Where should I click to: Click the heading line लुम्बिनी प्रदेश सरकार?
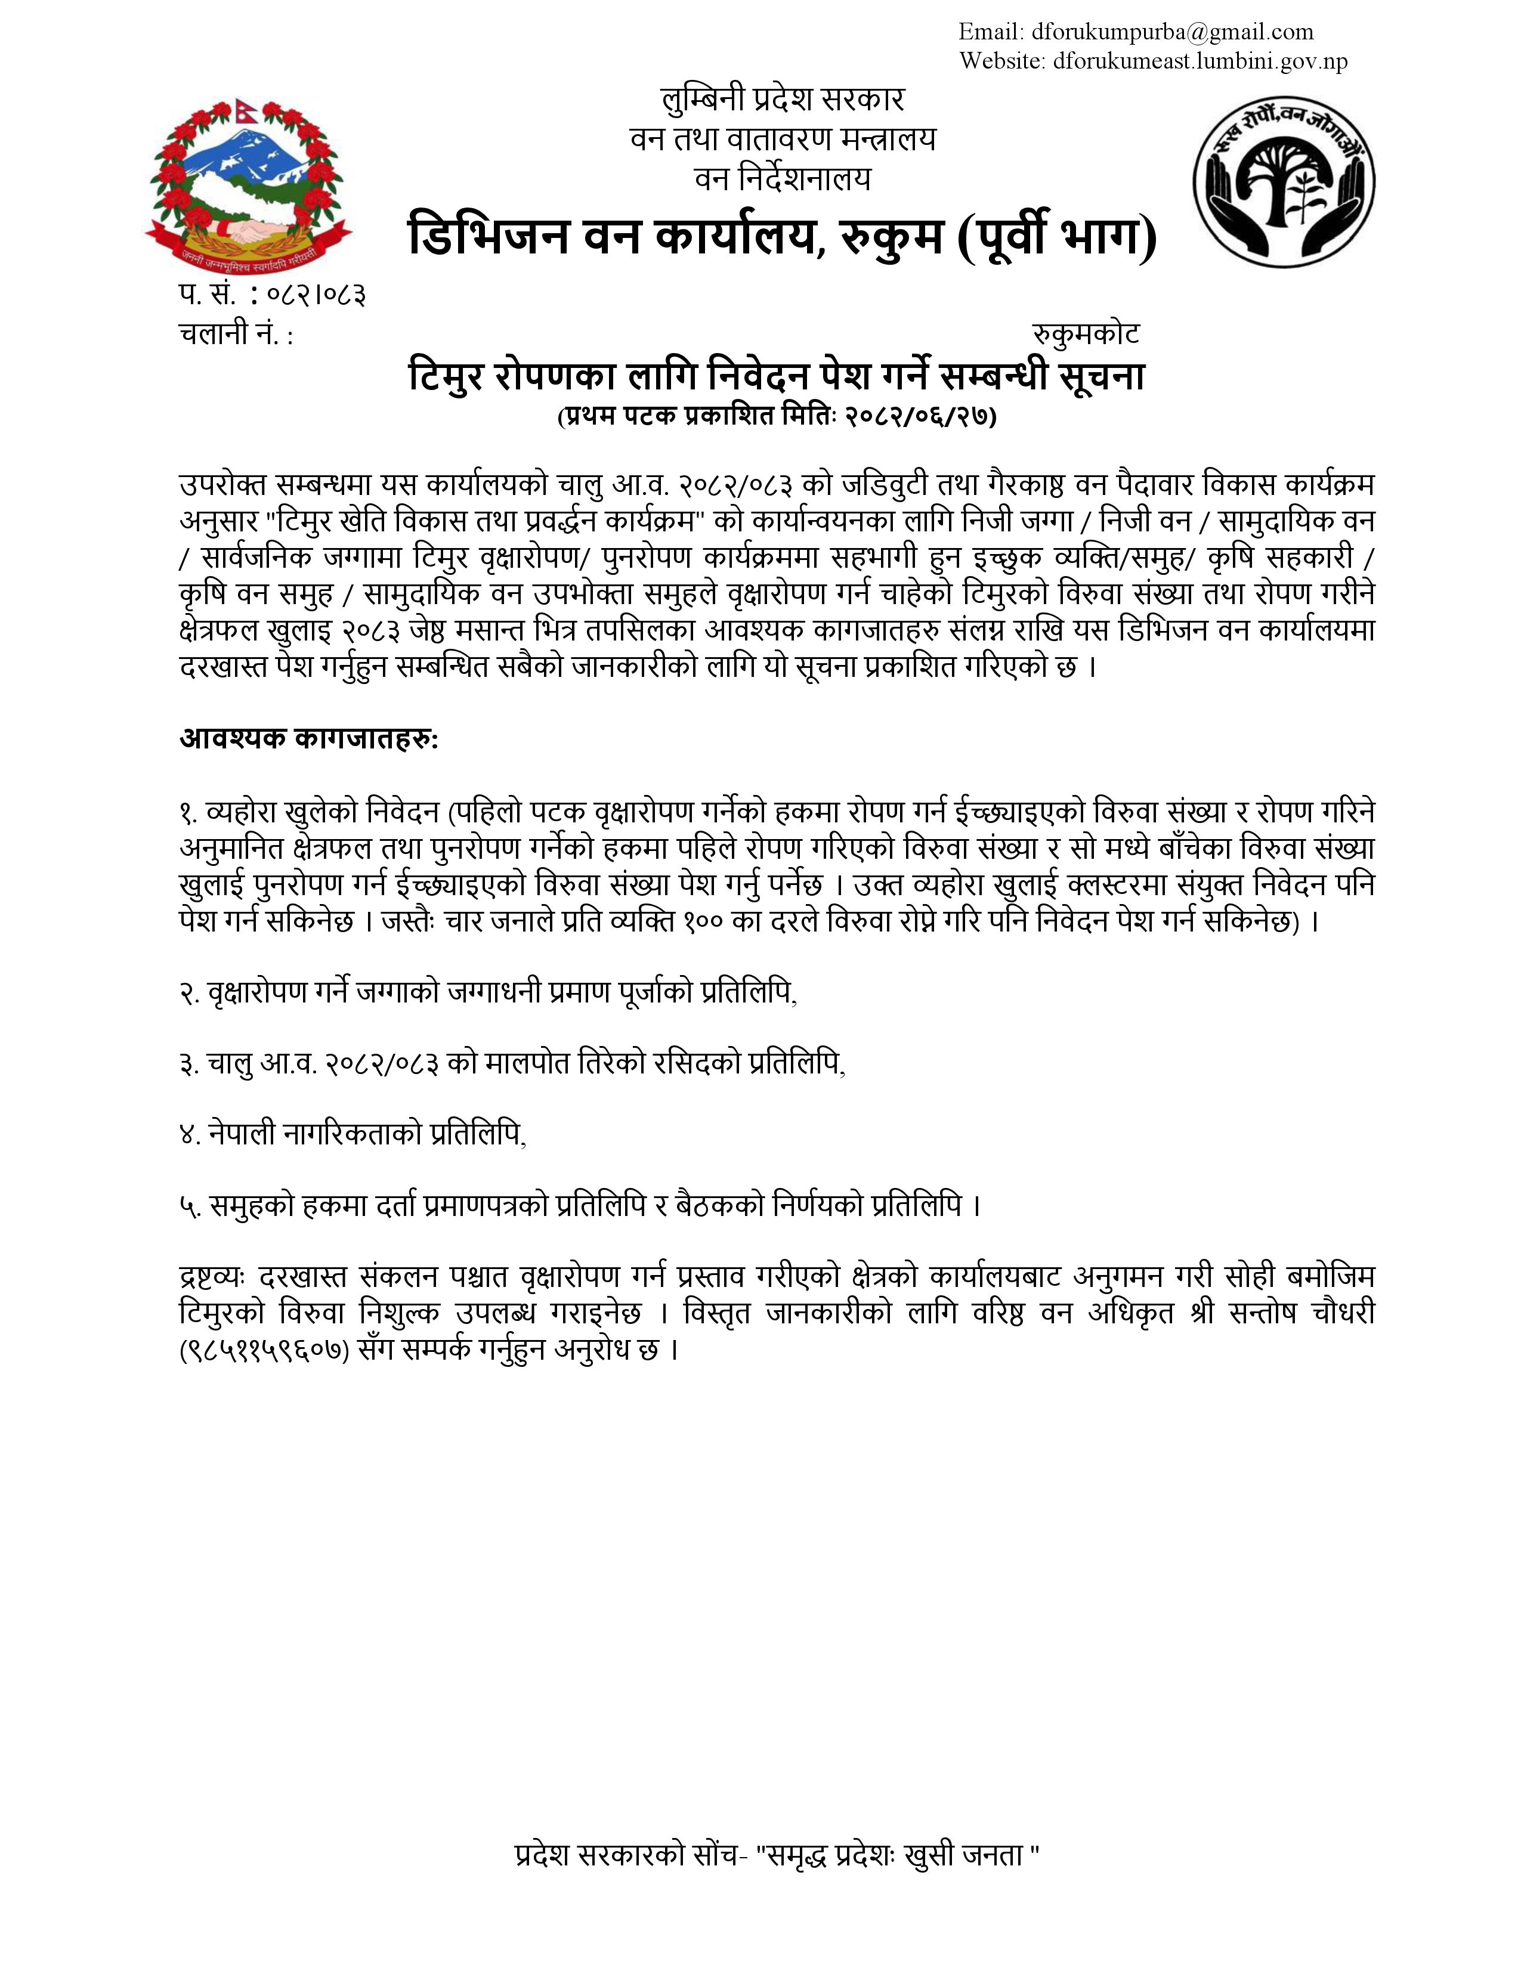click(x=783, y=99)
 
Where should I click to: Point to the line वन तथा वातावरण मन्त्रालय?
click(x=783, y=140)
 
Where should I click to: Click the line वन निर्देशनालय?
click(x=783, y=180)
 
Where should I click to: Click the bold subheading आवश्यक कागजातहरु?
click(x=309, y=739)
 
